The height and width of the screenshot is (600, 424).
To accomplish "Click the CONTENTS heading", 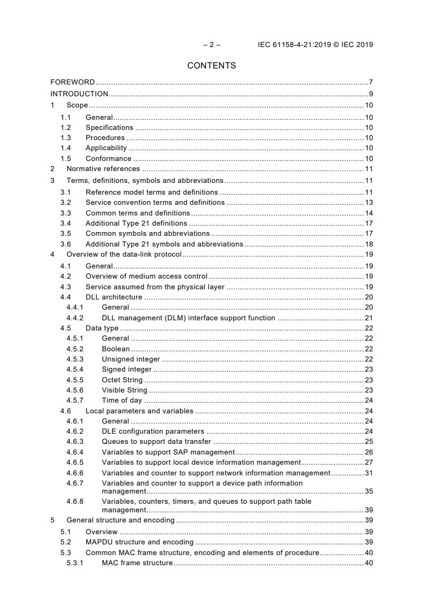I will (x=212, y=66).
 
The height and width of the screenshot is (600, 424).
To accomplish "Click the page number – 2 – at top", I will (x=212, y=45).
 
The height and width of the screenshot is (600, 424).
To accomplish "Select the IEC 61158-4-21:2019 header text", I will (x=315, y=45).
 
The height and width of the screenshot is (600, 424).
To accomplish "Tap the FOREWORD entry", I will (x=73, y=82).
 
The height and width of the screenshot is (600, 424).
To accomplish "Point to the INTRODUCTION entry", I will (x=79, y=94).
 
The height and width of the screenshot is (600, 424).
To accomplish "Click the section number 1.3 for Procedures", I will (x=66, y=138).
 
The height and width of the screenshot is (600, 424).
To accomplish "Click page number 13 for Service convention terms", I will (x=368, y=202).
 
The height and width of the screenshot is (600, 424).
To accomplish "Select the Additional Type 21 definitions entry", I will (x=136, y=223).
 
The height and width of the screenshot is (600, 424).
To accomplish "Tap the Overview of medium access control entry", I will (x=147, y=276).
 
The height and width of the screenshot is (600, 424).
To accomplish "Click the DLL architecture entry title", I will (x=114, y=297).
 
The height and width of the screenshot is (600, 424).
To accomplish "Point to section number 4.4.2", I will (x=75, y=318).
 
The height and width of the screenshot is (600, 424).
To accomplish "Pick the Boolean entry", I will (x=115, y=349).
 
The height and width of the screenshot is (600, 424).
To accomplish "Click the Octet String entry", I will (x=122, y=380).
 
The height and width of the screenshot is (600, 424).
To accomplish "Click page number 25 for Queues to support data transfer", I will (x=368, y=442).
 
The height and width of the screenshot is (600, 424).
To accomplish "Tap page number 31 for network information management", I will (x=368, y=473).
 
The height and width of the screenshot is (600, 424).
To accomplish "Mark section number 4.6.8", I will (x=75, y=502).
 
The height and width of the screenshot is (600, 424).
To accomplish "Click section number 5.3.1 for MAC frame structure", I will (x=75, y=563).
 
